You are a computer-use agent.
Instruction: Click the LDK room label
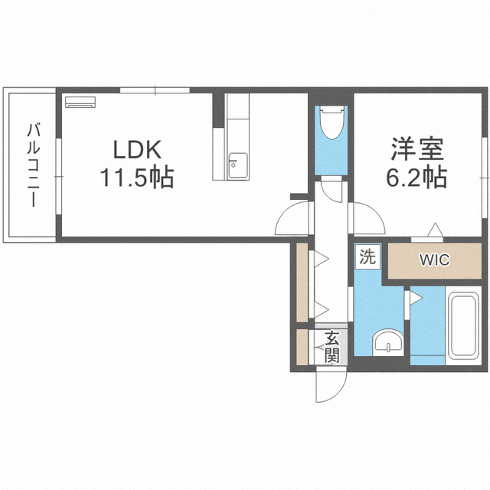coord(138,148)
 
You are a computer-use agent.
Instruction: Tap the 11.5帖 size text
coord(136,178)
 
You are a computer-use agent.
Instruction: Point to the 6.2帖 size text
coord(416,178)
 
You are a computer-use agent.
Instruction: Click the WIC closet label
coord(434,260)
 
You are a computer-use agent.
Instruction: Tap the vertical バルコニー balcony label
coord(32,165)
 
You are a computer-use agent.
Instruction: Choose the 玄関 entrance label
coord(332,346)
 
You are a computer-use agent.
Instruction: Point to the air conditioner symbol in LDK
coord(79,100)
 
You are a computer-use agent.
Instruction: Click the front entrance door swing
coord(325,387)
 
